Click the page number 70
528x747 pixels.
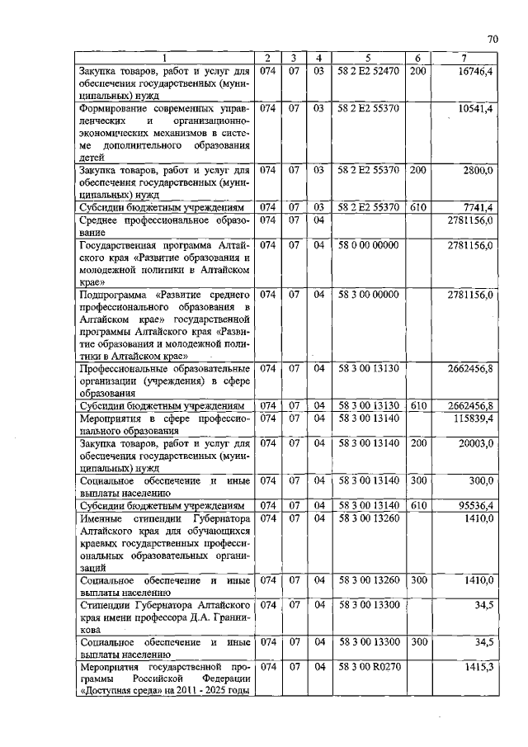pos(493,39)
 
